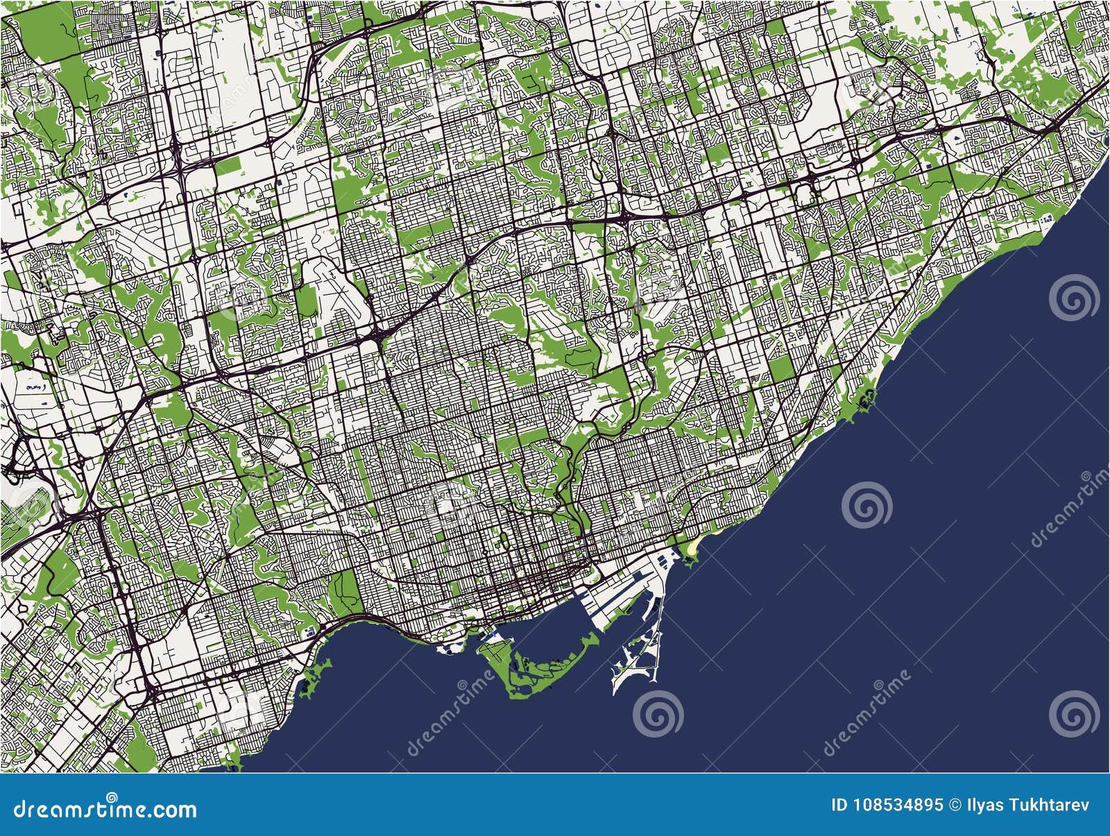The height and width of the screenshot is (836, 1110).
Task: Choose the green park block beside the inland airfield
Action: click(x=306, y=298)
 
